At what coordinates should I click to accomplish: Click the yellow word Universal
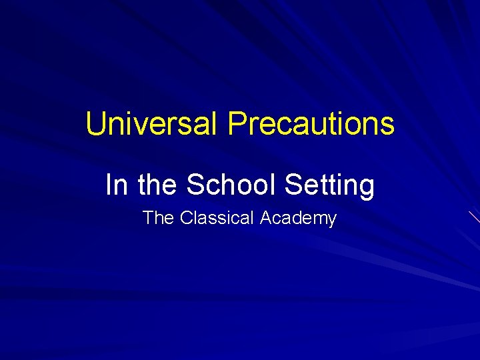(x=152, y=124)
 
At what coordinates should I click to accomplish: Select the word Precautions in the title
(x=311, y=124)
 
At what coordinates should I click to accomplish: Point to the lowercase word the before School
(x=158, y=185)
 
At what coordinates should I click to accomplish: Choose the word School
(x=231, y=185)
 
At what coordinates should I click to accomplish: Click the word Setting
(x=329, y=186)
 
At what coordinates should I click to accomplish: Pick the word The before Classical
(x=158, y=218)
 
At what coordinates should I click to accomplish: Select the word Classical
(x=217, y=218)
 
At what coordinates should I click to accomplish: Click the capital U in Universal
(x=96, y=124)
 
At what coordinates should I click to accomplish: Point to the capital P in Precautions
(x=237, y=124)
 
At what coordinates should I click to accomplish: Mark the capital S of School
(x=195, y=185)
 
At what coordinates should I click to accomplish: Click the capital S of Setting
(x=293, y=185)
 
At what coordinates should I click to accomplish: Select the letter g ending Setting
(x=367, y=188)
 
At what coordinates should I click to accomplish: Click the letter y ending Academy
(x=332, y=221)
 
